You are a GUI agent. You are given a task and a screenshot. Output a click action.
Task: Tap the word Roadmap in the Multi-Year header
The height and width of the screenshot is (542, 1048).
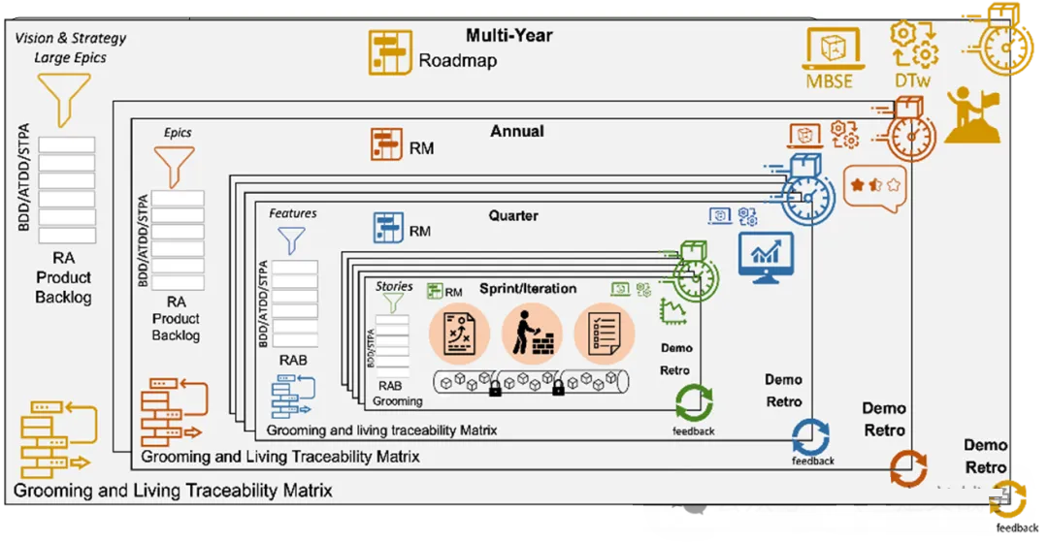click(458, 61)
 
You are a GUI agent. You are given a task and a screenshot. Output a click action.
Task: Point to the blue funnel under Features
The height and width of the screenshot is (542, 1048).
click(292, 239)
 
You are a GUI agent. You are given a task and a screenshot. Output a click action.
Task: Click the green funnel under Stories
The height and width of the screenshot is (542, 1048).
click(392, 303)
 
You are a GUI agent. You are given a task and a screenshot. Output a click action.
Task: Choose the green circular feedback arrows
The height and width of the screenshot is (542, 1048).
click(694, 402)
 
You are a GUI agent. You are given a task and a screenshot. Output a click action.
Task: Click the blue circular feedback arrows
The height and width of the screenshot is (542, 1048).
click(811, 436)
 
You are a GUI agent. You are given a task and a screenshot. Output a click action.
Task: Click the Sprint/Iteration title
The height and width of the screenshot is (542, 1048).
click(528, 288)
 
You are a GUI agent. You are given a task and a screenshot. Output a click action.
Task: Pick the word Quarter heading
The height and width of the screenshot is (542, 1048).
click(513, 215)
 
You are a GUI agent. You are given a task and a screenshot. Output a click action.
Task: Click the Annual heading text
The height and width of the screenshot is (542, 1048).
click(517, 131)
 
